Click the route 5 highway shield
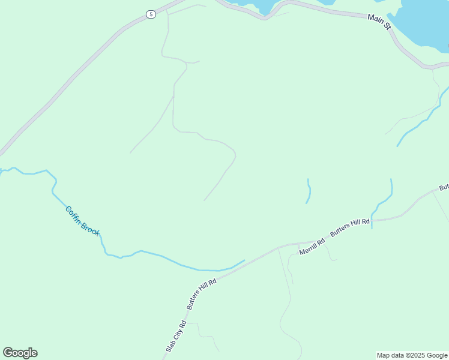pos(151,14)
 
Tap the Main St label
pos(379,23)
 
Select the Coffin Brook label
pos(83,221)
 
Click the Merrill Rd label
pos(313,246)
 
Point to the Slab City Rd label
pos(176,336)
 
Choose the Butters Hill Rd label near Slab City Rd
pos(201,293)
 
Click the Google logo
pos(20,353)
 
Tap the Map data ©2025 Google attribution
pos(412,355)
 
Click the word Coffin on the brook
pos(74,213)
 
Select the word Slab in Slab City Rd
pos(169,346)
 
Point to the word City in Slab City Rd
pos(177,335)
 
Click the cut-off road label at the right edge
pos(444,188)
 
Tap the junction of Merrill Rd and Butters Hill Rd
pos(298,244)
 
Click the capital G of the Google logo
pos(8,353)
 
